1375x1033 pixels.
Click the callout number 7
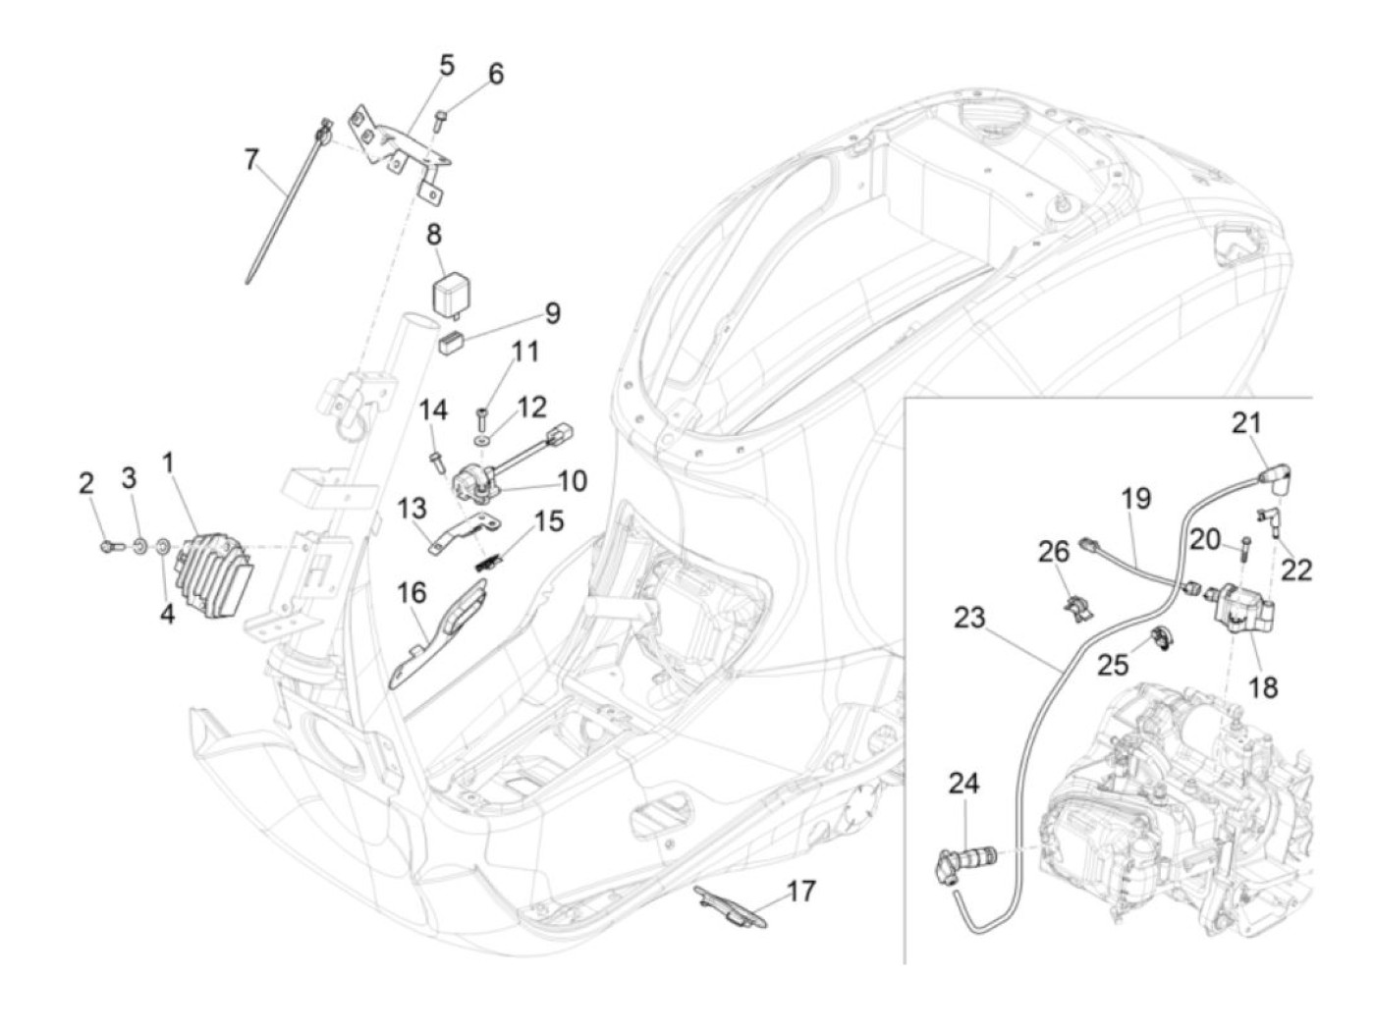tap(251, 160)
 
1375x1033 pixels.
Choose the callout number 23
tap(969, 618)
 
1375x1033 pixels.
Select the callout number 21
tap(1246, 424)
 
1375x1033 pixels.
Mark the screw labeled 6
tap(439, 120)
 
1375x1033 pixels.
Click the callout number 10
tap(571, 481)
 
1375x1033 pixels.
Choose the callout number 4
tap(167, 614)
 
